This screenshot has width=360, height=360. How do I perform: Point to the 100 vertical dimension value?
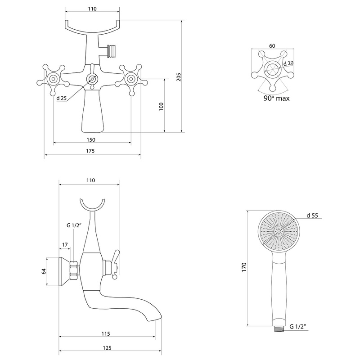coord(162,107)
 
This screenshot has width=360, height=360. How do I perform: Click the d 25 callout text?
coord(62,98)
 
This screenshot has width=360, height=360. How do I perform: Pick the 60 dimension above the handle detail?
coord(272,46)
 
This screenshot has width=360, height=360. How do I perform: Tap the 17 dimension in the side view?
coord(65,244)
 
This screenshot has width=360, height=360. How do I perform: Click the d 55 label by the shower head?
coord(312,216)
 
